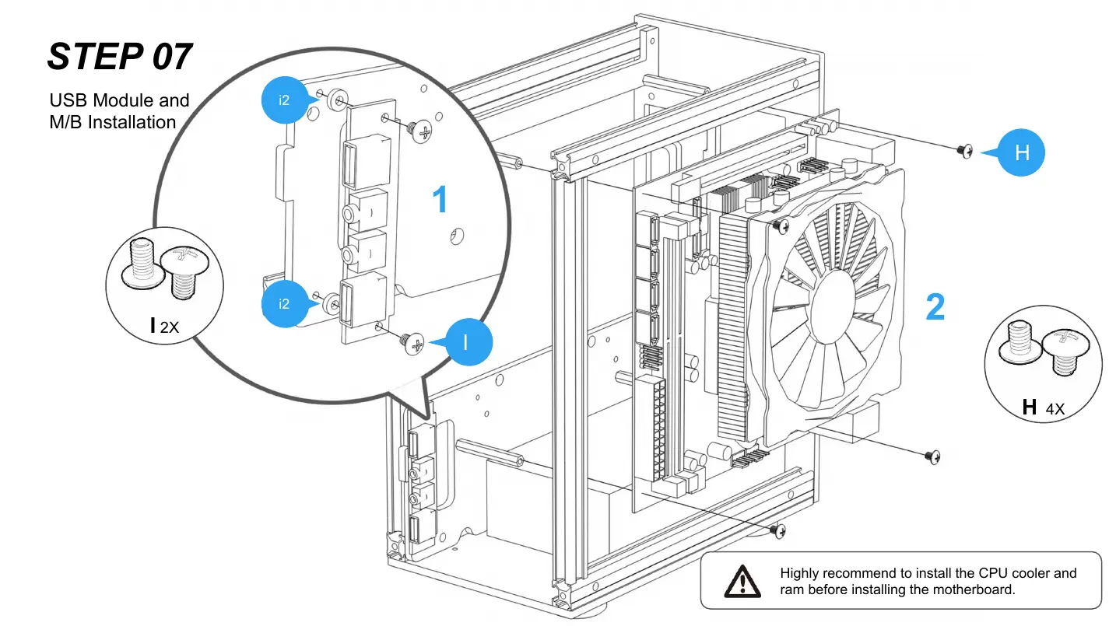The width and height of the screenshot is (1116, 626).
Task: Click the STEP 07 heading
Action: coord(120,57)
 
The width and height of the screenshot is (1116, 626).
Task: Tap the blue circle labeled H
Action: coord(1022,153)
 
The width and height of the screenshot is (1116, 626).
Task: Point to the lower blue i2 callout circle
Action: coord(285,304)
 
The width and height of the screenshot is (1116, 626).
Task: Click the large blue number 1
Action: coord(440,201)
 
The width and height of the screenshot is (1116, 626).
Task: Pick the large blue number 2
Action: coord(935,307)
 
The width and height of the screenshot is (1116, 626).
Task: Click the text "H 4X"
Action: coord(1043,407)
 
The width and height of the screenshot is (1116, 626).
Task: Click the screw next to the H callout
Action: coord(966,150)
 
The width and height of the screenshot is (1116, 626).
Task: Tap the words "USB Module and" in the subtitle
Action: coord(119,100)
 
